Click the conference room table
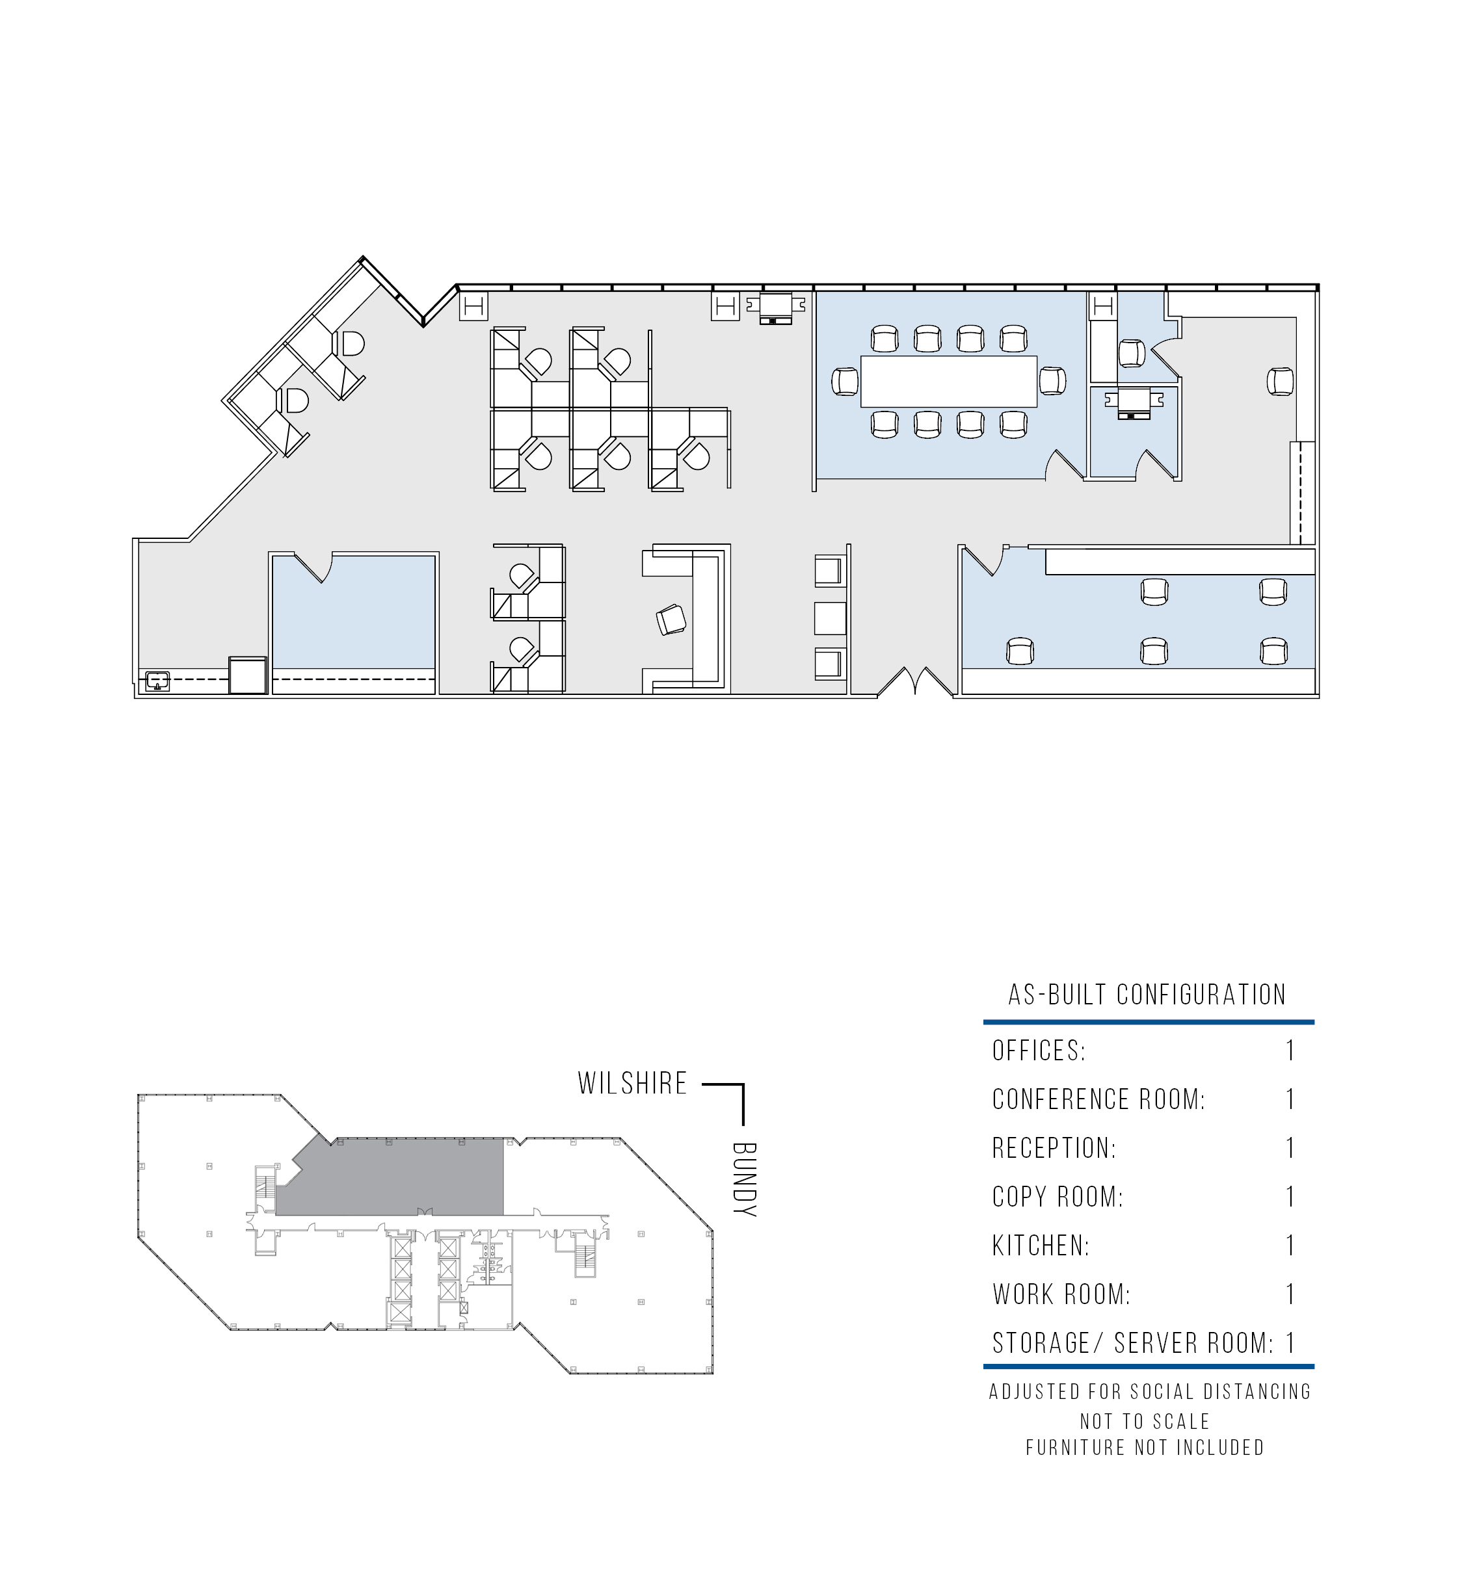[x=949, y=382]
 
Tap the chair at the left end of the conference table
[x=845, y=382]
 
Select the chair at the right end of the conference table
[x=1053, y=382]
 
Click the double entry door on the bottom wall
[x=915, y=682]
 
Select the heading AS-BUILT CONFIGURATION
[x=1147, y=995]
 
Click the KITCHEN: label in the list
[x=1041, y=1246]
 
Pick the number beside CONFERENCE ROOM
[x=1290, y=1099]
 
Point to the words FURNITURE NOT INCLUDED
[x=1145, y=1448]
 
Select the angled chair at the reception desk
[x=672, y=620]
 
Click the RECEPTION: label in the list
[x=1054, y=1148]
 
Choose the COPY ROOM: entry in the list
[x=1058, y=1197]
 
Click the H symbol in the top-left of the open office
[x=473, y=306]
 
